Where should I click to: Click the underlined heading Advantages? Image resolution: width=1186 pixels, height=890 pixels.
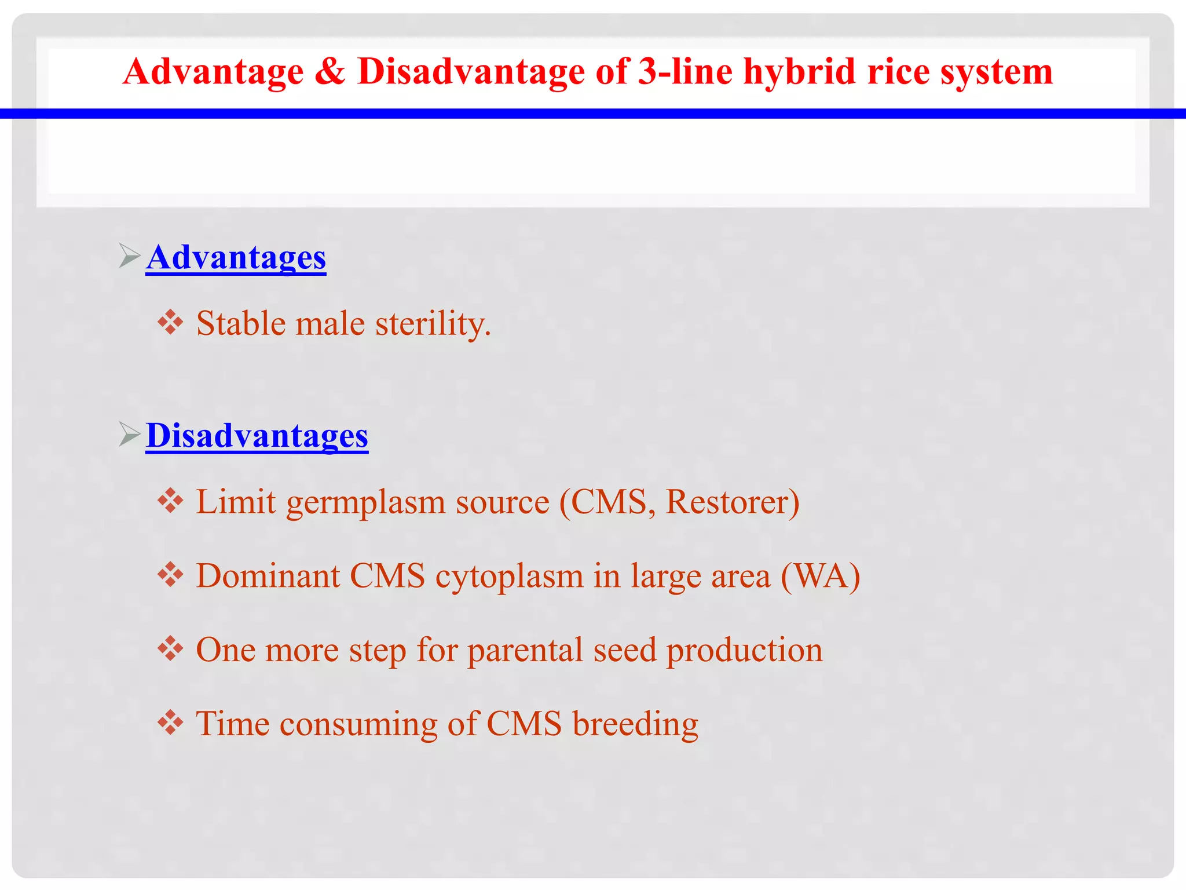click(236, 257)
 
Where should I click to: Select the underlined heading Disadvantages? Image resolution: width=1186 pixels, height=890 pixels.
click(257, 436)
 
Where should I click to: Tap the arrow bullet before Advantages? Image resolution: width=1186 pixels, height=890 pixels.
click(130, 256)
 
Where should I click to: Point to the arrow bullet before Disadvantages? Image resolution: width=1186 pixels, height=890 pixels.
click(130, 434)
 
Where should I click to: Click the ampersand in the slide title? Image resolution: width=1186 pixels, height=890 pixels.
click(330, 72)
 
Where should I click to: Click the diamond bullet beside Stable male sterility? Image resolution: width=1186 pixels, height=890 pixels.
click(170, 322)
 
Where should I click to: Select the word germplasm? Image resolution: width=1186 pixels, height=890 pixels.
click(366, 503)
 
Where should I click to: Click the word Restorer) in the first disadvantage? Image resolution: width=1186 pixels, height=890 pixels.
click(733, 502)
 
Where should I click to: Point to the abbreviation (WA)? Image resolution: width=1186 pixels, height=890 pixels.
click(820, 576)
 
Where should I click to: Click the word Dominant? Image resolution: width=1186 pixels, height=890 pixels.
click(268, 576)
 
